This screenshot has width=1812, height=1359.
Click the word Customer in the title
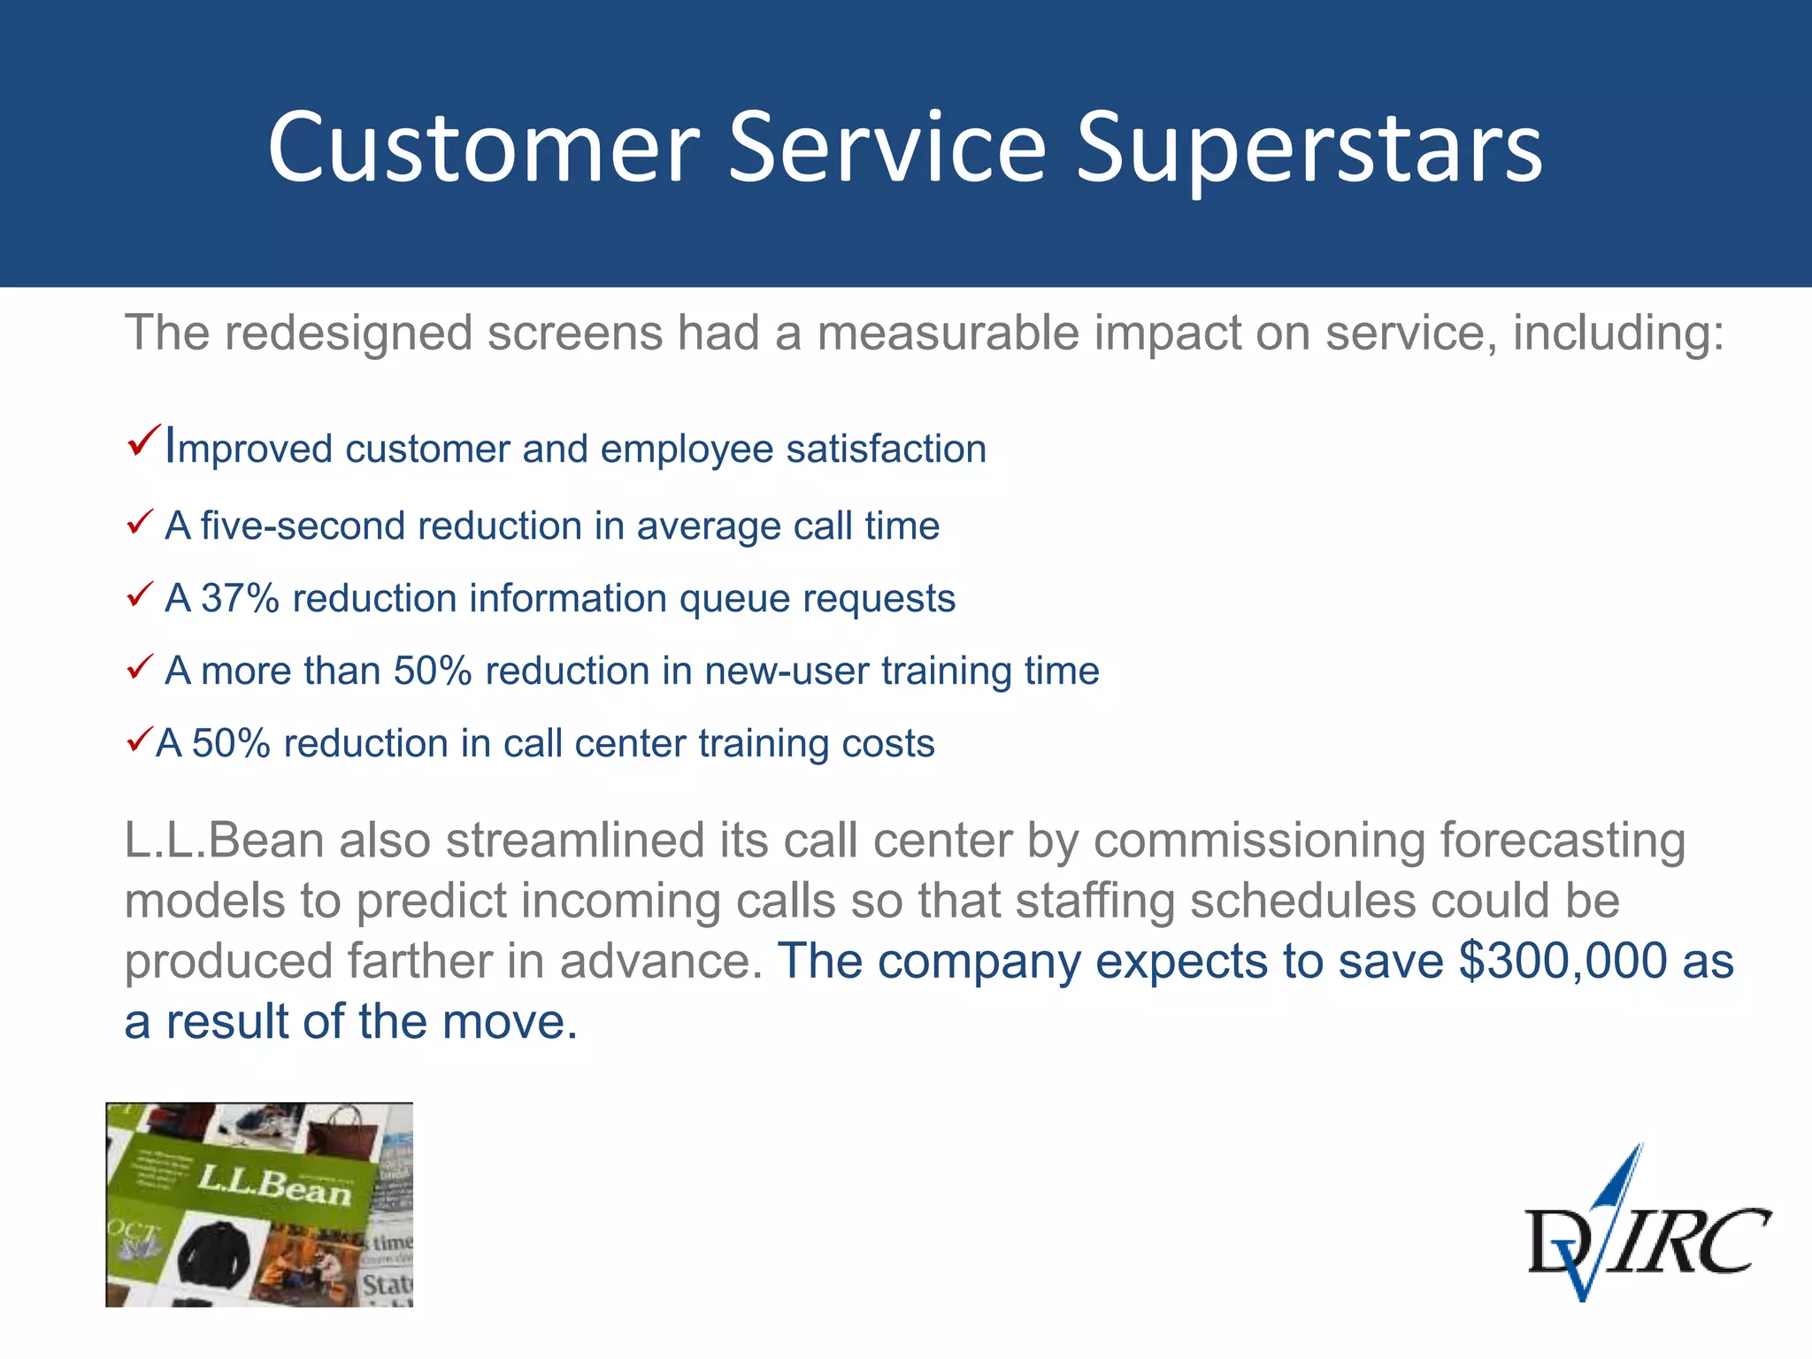(483, 149)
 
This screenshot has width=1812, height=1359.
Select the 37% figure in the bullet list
(240, 599)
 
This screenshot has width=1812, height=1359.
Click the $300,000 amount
(1562, 962)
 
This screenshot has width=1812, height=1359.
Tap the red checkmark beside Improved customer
(143, 440)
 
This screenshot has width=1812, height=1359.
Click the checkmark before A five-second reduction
(140, 523)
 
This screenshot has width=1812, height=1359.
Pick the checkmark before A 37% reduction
(140, 595)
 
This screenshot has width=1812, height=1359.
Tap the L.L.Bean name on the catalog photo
(274, 1186)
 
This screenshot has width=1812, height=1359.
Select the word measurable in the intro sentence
(947, 334)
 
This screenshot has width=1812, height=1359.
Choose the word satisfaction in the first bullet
(886, 449)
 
